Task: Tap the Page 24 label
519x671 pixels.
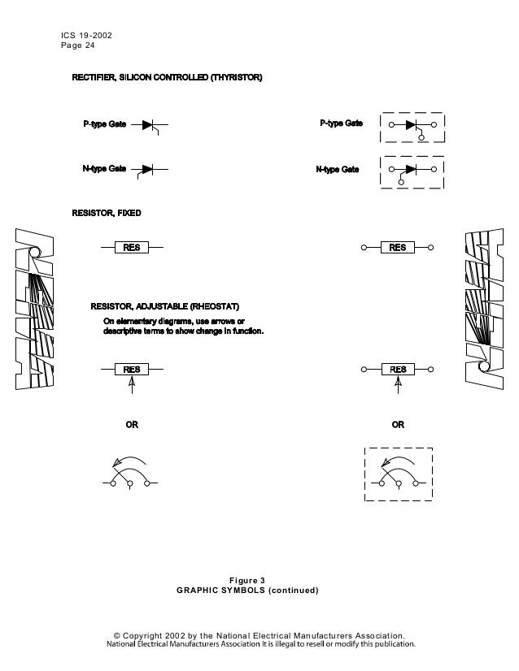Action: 77,47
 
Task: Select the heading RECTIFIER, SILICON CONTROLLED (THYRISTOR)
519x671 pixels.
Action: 167,77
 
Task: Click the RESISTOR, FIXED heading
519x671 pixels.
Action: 107,213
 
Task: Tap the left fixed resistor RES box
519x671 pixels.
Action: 132,247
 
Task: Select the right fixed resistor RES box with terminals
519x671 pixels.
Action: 397,247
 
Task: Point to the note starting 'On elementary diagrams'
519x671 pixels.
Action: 183,327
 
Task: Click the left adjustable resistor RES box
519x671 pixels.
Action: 132,370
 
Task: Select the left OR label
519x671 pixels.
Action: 131,425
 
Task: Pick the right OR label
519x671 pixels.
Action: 398,425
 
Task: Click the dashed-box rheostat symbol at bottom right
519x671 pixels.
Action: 398,474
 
